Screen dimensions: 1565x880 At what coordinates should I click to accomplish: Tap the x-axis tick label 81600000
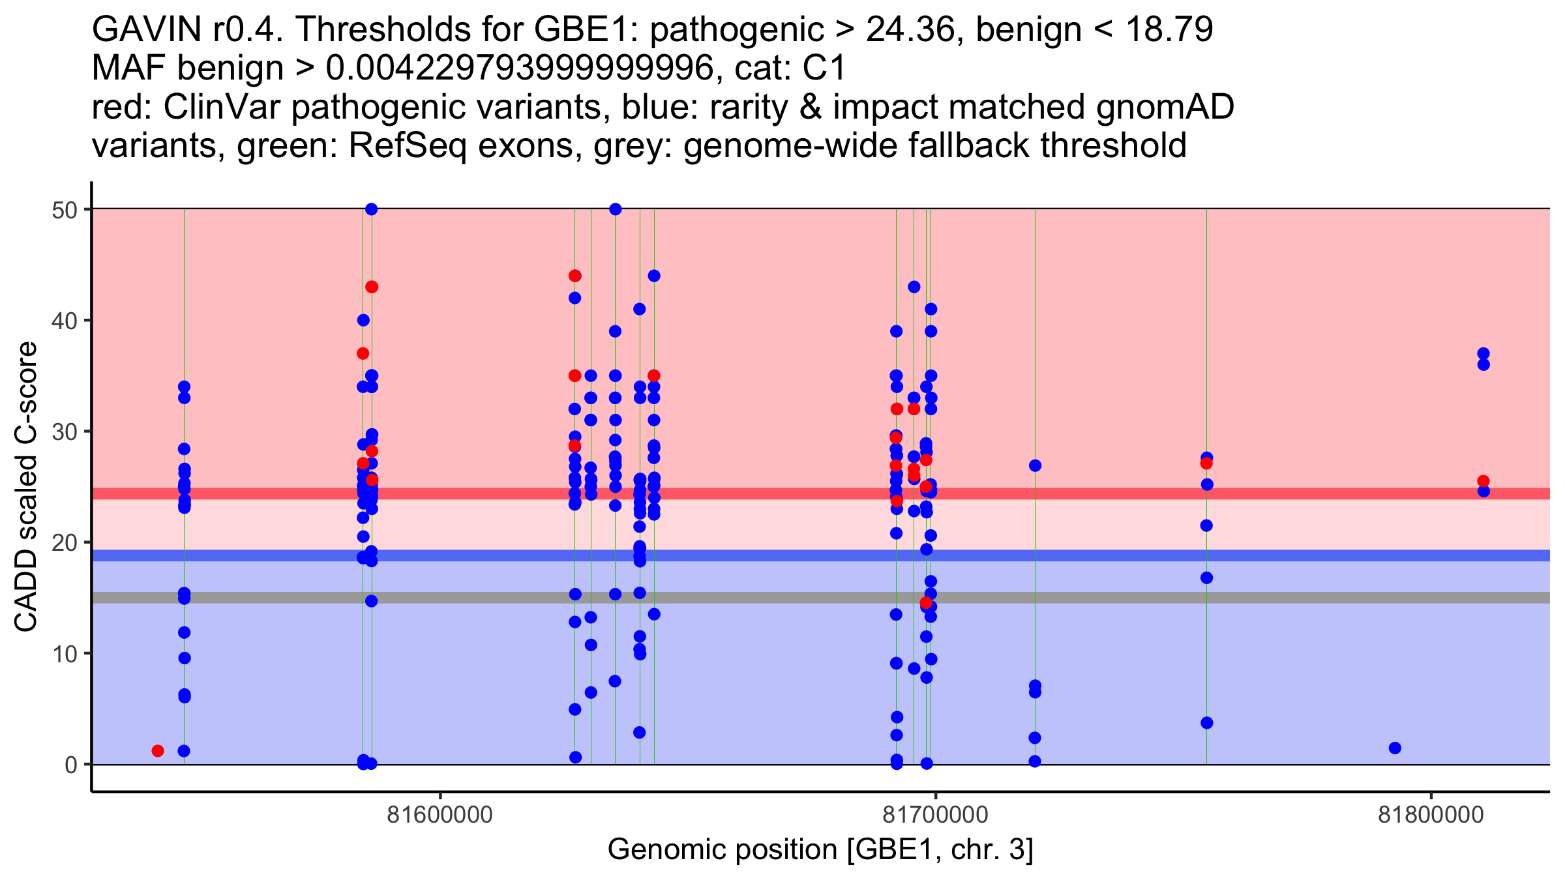[440, 815]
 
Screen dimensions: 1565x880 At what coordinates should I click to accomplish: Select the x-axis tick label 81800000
[1431, 815]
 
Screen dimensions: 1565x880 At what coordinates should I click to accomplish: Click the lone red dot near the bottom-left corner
[158, 751]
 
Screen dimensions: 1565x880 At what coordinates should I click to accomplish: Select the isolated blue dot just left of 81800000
[1395, 748]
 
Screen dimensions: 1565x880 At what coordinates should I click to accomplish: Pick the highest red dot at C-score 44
[574, 276]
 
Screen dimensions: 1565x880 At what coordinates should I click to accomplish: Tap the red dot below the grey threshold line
[926, 602]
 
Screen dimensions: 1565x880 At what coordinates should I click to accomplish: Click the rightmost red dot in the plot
[1483, 481]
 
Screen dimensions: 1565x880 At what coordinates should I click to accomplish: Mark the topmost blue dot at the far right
[1483, 353]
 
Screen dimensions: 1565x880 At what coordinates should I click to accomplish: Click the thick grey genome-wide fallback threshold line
[821, 598]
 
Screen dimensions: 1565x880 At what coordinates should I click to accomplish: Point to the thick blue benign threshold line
[821, 555]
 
